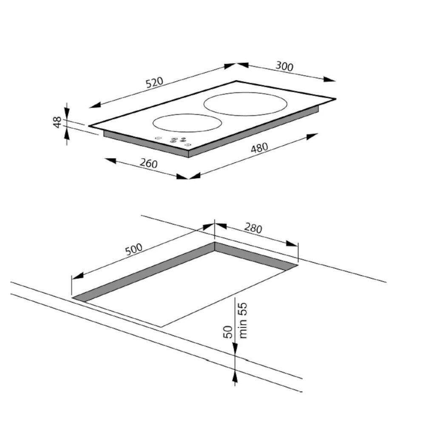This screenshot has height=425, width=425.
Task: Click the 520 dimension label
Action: click(155, 82)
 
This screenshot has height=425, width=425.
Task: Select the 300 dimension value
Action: click(284, 66)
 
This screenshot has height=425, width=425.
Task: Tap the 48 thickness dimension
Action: click(57, 122)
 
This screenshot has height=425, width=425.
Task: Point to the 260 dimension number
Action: click(148, 163)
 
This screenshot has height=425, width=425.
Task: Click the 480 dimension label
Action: click(259, 147)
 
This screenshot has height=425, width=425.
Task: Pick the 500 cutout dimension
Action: click(133, 249)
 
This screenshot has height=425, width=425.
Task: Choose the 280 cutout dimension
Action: click(253, 228)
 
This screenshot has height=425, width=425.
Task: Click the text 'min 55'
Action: click(243, 320)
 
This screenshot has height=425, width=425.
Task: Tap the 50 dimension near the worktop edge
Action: click(228, 332)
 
